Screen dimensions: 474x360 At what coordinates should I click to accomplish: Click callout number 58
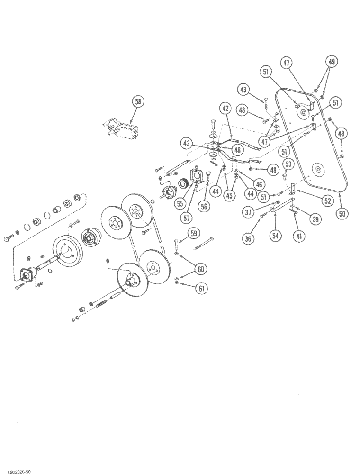click(138, 102)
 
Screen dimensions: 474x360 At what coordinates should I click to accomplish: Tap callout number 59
click(194, 233)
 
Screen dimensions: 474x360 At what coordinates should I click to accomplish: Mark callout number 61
click(202, 288)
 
